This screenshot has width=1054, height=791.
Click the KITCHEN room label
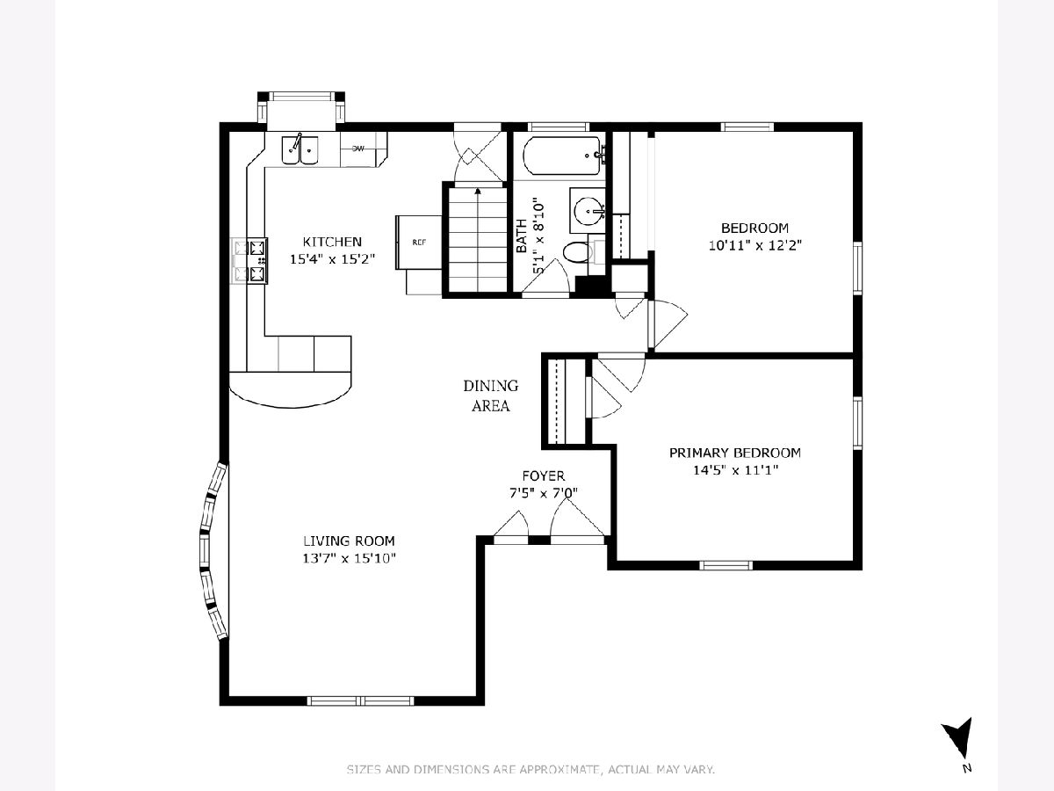[332, 242]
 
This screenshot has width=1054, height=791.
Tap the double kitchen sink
[300, 149]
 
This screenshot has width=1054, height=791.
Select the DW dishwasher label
[357, 149]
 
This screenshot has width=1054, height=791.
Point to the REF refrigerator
[419, 242]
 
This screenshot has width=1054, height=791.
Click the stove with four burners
[249, 261]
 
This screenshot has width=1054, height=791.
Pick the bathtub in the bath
[561, 156]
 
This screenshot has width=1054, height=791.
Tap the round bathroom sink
[588, 210]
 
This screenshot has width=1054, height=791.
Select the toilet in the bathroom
[581, 251]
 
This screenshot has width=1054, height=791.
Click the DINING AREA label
[491, 396]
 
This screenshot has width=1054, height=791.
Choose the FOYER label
[544, 476]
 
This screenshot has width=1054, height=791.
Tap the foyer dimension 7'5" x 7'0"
[543, 493]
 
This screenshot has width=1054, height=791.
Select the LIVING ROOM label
[349, 541]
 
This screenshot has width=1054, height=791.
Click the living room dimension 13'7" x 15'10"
[349, 558]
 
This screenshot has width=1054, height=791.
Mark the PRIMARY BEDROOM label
[735, 453]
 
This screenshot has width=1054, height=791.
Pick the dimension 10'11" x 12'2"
[755, 245]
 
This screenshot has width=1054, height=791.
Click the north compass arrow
[959, 740]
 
